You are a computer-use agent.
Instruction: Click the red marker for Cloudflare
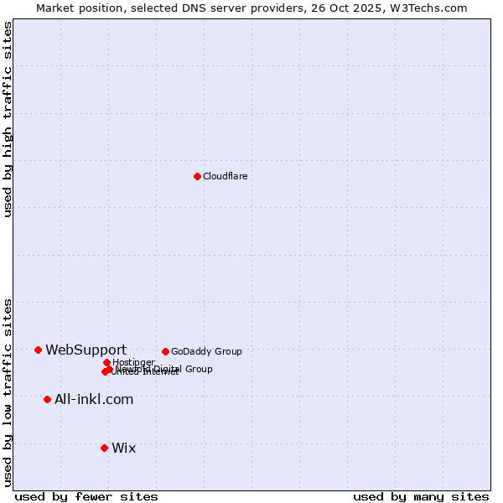197,176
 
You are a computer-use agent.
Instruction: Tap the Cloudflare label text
225,176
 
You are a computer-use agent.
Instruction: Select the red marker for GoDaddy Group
165,351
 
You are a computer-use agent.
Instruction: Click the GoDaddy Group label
206,351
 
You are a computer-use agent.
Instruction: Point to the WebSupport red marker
38,350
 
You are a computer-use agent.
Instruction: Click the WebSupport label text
86,350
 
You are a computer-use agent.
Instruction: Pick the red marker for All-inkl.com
47,399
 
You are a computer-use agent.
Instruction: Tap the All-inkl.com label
94,399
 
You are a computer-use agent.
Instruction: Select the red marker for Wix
104,448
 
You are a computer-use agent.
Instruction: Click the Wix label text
123,448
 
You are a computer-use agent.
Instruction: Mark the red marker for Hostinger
106,362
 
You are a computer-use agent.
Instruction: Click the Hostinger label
133,362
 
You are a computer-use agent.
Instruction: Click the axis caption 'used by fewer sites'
86,496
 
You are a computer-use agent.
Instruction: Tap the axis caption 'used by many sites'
421,496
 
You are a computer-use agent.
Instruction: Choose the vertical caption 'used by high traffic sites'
8,119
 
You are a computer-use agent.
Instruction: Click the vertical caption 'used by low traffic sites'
8,392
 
